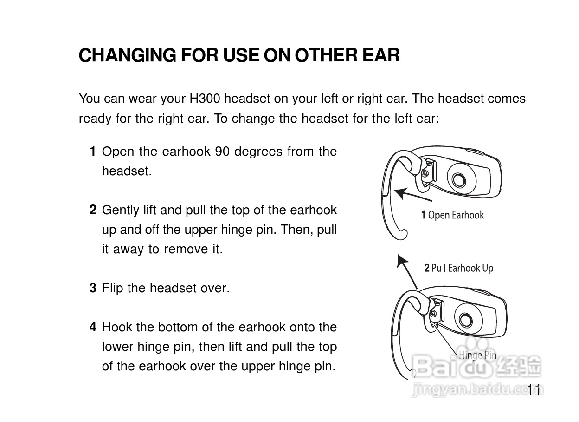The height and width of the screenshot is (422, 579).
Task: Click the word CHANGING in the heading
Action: [x=128, y=55]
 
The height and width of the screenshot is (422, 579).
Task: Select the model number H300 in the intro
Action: [x=205, y=99]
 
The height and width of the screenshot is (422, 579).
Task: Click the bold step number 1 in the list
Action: [x=93, y=151]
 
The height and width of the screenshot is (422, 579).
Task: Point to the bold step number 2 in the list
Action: [x=93, y=210]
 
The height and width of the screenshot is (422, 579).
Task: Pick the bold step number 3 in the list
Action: [x=93, y=288]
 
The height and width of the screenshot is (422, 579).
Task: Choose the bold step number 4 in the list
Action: [x=93, y=327]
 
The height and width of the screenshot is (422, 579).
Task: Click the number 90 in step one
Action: [x=222, y=152]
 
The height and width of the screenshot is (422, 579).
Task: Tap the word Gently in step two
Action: [x=121, y=211]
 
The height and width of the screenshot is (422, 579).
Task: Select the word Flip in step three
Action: [x=112, y=288]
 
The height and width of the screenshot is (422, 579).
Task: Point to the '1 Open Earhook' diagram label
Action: [x=452, y=215]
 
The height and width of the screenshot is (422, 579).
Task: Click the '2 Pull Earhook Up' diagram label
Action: [x=459, y=268]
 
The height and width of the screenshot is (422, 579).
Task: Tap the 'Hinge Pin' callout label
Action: [x=477, y=356]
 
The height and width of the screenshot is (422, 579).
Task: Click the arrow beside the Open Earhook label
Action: [x=412, y=195]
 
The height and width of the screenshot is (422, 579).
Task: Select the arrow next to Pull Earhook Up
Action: [x=407, y=271]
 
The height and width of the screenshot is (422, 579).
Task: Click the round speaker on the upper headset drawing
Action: [x=462, y=178]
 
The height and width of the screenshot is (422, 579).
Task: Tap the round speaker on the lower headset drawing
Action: [x=468, y=319]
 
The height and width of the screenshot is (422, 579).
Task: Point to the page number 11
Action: [x=534, y=389]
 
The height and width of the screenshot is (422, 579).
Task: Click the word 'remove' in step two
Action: [x=186, y=249]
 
